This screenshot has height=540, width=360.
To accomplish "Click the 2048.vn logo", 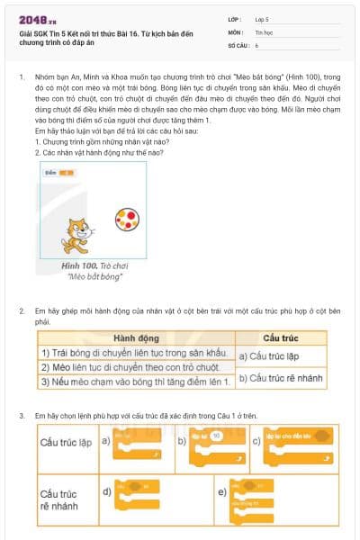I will click(32, 19).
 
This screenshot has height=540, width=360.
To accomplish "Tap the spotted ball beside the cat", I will click(126, 219).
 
